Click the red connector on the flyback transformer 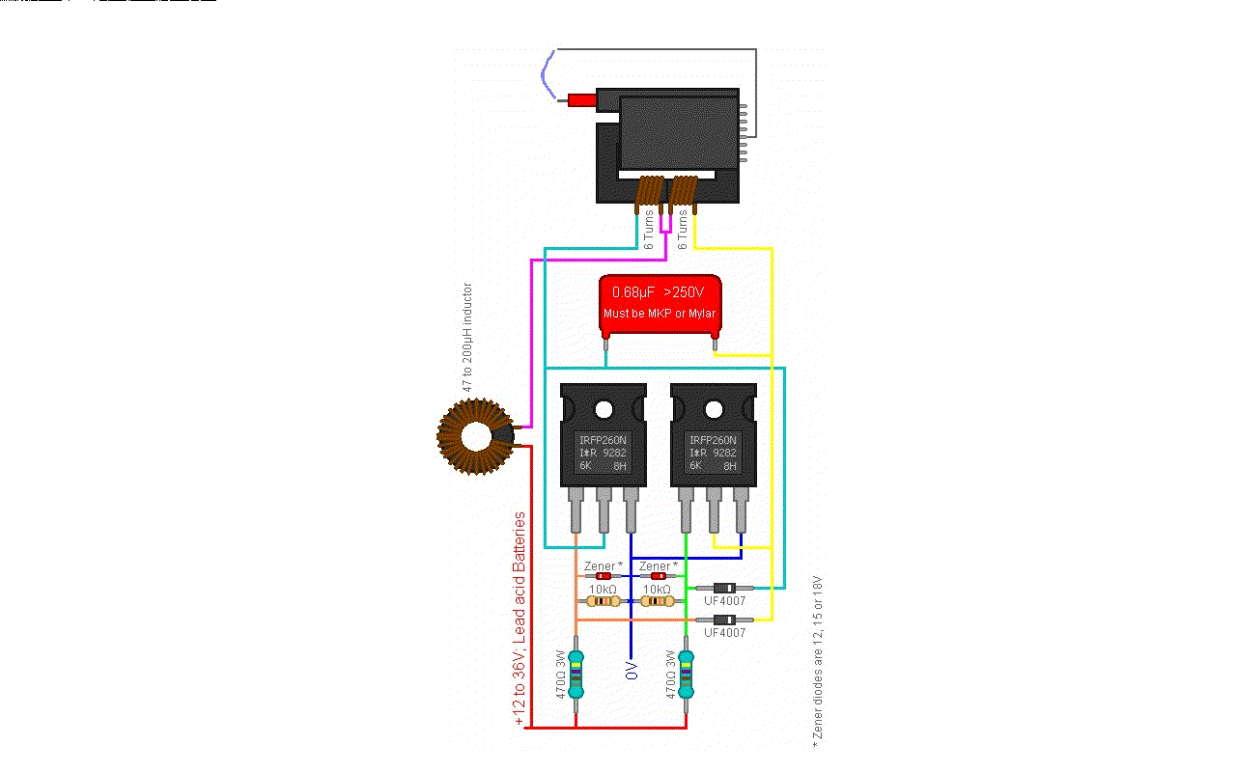tap(581, 100)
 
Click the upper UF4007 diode tap(724, 587)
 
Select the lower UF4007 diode tap(724, 619)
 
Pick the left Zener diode tap(604, 576)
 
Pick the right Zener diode tap(659, 576)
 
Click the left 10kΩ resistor tap(604, 600)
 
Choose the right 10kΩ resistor tap(659, 600)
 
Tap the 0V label tap(632, 671)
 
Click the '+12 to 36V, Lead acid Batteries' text tap(520, 618)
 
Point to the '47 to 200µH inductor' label tap(468, 337)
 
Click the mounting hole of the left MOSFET tap(604, 409)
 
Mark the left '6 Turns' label tap(649, 230)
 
